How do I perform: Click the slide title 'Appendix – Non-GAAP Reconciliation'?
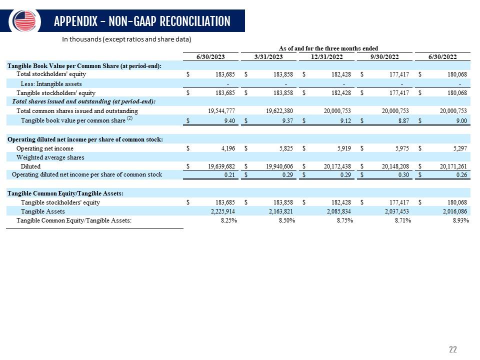[141, 21]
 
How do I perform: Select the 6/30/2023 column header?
[210, 56]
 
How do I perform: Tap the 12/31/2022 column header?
[327, 56]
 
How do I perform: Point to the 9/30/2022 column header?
[384, 56]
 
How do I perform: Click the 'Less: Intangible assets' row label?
[51, 84]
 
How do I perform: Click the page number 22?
[453, 349]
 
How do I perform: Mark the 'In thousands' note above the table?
[126, 39]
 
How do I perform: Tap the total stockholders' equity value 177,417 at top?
[397, 74]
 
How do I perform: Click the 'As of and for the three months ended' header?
[328, 48]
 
